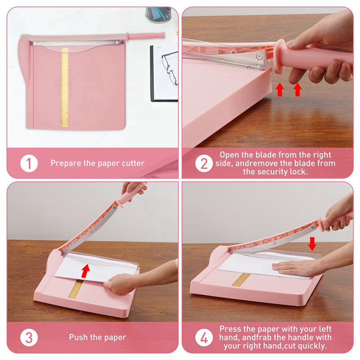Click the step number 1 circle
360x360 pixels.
29,163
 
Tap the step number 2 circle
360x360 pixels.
204,163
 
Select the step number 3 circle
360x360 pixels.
29,337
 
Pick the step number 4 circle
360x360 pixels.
204,337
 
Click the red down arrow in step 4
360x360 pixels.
312,243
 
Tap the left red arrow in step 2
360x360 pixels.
280,89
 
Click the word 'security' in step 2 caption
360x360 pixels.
282,171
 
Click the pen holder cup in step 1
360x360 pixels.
158,14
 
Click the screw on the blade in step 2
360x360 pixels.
259,56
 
